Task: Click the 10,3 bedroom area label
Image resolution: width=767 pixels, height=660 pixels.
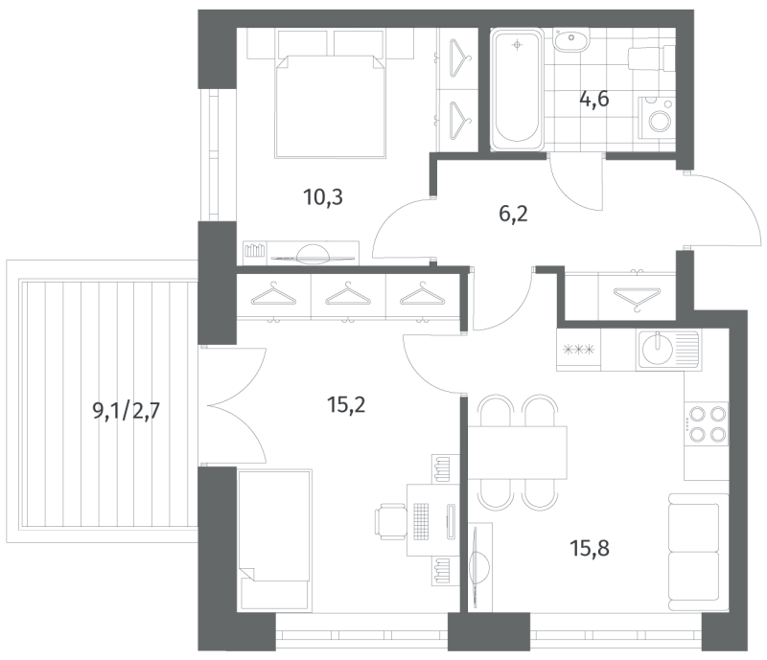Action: [322, 198]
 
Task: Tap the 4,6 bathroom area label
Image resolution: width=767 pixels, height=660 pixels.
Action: [594, 98]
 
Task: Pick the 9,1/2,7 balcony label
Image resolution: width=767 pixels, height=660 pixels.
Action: [129, 412]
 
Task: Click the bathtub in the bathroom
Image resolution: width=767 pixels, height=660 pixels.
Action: [518, 90]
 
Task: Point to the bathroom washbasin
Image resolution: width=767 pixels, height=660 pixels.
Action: [573, 40]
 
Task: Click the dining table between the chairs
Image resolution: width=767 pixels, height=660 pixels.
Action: [519, 451]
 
